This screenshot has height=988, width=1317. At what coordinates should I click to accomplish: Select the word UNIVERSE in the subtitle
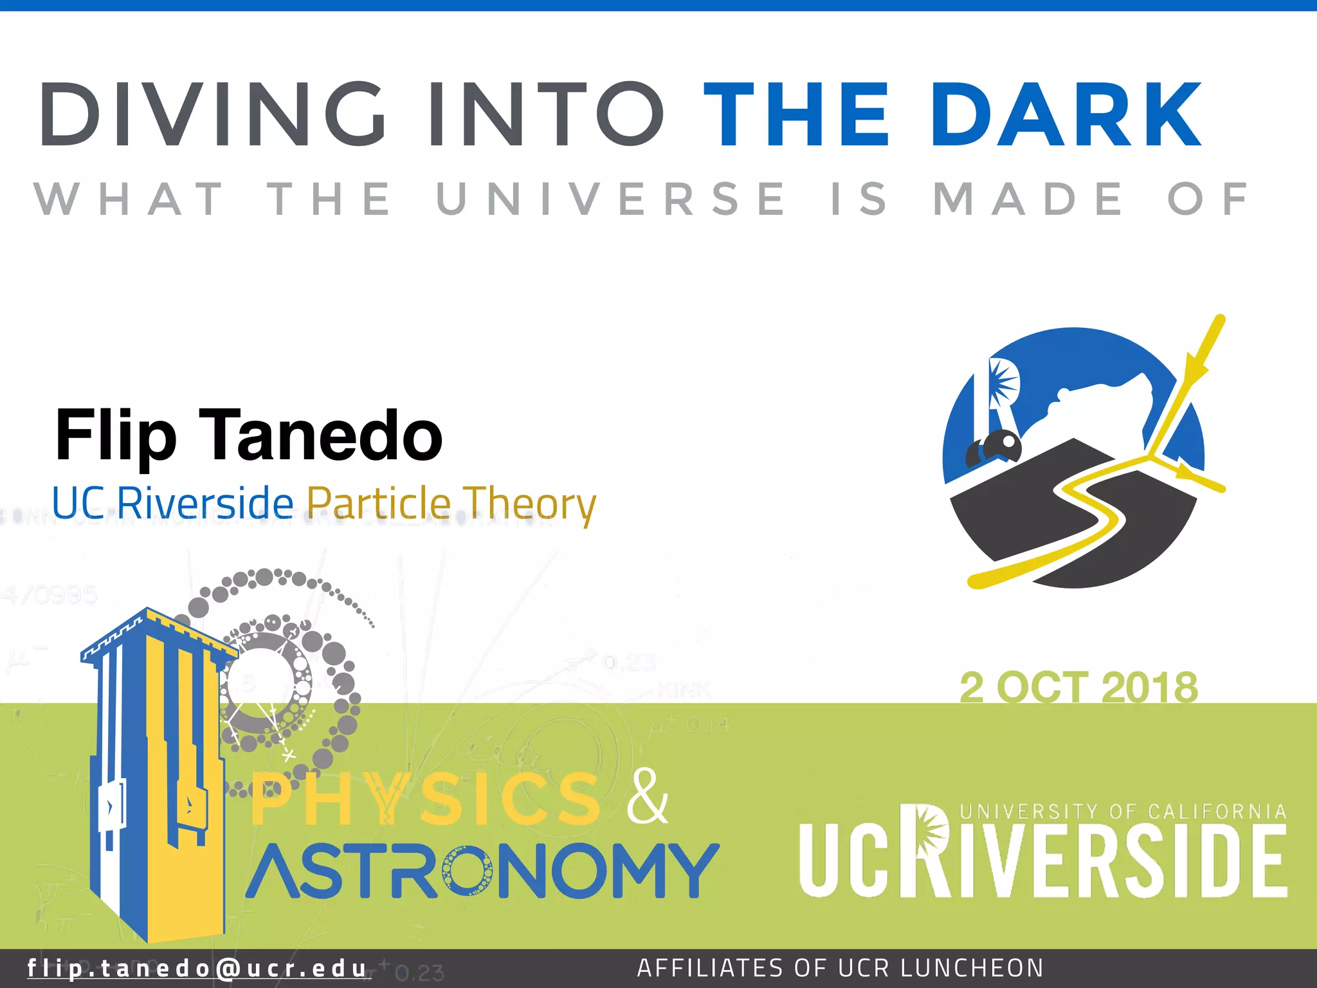[x=611, y=199]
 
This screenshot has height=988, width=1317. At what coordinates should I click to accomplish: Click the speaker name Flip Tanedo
[x=249, y=435]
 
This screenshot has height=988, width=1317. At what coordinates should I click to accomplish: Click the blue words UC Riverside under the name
[x=172, y=502]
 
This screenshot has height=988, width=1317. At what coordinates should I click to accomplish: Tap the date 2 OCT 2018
[x=1078, y=687]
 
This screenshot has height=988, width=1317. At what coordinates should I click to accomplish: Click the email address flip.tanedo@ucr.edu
[x=197, y=968]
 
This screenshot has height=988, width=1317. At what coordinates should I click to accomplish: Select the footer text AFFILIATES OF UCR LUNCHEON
[x=840, y=968]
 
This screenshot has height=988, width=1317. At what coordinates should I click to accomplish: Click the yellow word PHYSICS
[x=424, y=800]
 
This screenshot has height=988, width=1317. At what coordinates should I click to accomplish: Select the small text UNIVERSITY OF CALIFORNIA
[x=1123, y=812]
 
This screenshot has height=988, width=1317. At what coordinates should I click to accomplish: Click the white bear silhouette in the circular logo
[x=1093, y=405]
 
